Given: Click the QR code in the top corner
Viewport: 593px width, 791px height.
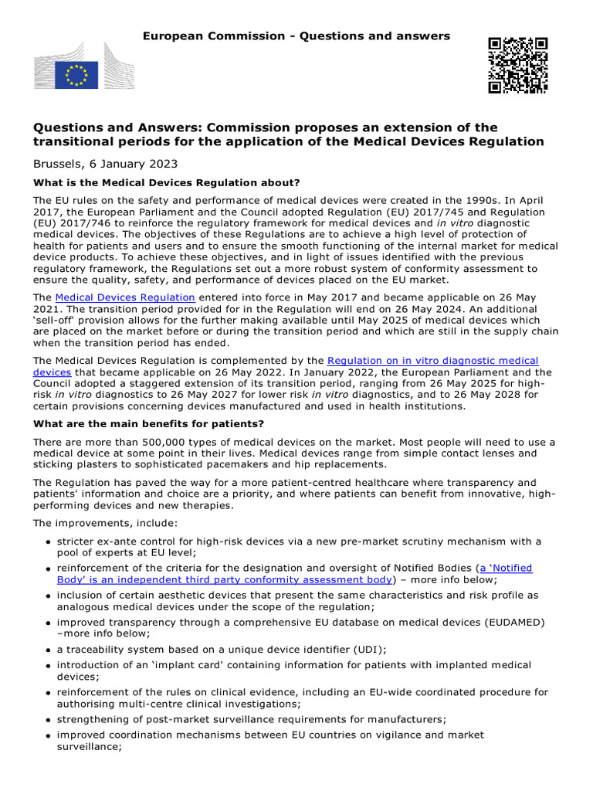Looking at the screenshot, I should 517,65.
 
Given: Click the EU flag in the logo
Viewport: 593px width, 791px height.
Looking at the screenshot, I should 76,75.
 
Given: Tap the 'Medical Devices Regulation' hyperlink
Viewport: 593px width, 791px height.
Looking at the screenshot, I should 125,297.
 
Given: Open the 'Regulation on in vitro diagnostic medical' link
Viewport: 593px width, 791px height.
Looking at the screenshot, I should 433,361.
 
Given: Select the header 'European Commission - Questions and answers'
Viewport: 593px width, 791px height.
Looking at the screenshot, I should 296,36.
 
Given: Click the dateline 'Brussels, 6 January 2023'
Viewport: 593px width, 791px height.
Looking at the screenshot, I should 105,164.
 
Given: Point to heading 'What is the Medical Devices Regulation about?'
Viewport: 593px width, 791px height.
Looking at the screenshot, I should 166,183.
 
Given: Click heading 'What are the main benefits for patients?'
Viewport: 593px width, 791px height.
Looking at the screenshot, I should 148,424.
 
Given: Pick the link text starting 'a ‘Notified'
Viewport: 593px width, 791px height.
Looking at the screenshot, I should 506,568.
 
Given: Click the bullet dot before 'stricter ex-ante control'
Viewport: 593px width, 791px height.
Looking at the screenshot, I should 48,542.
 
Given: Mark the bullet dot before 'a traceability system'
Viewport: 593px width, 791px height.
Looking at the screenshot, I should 48,650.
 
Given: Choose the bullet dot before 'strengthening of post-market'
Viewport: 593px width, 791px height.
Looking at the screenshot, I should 48,719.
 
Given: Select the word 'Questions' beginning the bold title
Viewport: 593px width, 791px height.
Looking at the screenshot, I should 64,127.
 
